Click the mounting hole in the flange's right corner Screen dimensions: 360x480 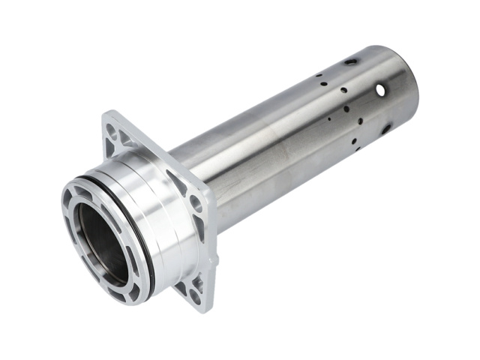pyautogui.click(x=196, y=201)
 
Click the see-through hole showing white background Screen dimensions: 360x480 pyautogui.click(x=380, y=90)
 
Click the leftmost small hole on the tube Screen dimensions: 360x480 pyautogui.click(x=318, y=76)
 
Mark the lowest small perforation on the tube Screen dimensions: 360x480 pyautogui.click(x=357, y=147)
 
